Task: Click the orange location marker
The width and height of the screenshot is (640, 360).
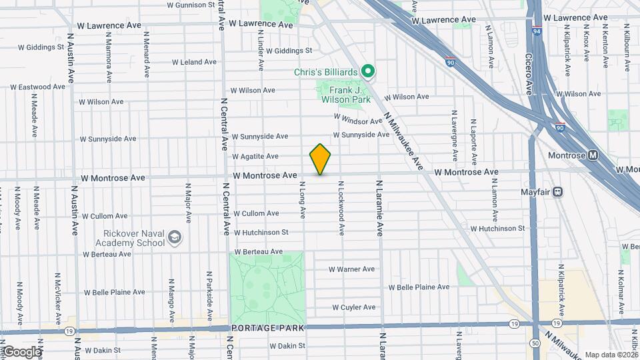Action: pos(321,159)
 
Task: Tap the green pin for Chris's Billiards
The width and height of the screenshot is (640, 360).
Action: pos(367,71)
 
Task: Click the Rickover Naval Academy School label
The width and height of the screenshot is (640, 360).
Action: pos(134,238)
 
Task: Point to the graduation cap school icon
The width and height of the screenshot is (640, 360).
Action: pos(174,237)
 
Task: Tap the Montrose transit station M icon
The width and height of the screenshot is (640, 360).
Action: pos(593,155)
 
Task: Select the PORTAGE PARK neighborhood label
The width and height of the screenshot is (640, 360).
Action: pos(267,328)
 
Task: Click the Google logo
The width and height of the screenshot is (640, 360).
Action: pos(21,351)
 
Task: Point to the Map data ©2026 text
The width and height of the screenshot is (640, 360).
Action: pos(611,355)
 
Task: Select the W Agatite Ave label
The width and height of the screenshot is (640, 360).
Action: pos(255,156)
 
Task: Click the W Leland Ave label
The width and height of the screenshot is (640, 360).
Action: pos(194,62)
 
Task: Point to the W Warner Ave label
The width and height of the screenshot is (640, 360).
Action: pos(351,269)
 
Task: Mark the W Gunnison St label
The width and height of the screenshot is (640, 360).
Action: pos(191,5)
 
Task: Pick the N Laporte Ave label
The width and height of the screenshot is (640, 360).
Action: pos(473,141)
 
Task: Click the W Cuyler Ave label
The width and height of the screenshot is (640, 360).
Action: pos(355,307)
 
